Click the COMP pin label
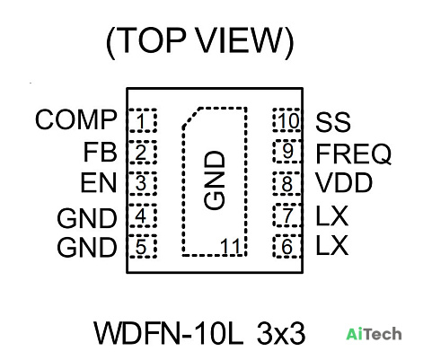[76, 119]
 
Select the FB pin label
[100, 152]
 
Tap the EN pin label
[99, 183]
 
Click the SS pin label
[333, 122]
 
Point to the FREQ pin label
[354, 154]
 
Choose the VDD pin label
[344, 182]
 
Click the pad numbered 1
[143, 120]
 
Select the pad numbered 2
[143, 152]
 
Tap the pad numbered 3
[143, 183]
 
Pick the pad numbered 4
[143, 215]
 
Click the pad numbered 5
[143, 247]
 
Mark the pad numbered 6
[287, 246]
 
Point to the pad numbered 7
[287, 215]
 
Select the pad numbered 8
[287, 183]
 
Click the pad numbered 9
[287, 152]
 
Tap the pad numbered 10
[287, 120]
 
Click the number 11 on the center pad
[231, 247]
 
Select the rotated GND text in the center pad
[215, 180]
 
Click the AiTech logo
[374, 334]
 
